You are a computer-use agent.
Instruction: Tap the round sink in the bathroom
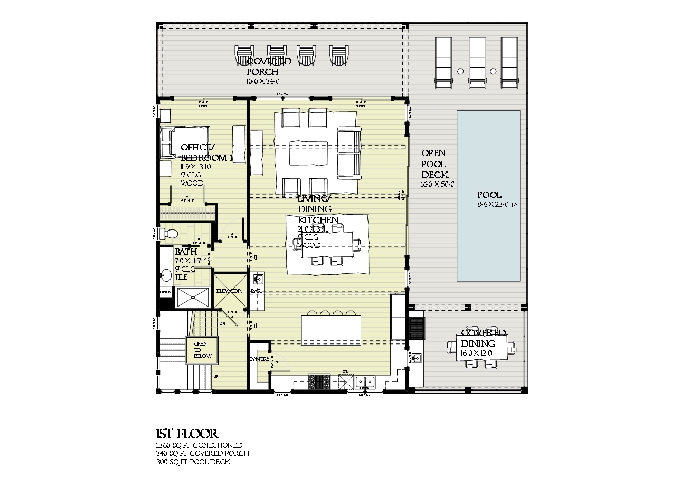[x=166, y=275]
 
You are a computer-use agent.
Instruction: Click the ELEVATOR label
[x=229, y=291]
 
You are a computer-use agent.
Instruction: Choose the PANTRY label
[x=260, y=359]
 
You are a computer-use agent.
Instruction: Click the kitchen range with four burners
[x=319, y=381]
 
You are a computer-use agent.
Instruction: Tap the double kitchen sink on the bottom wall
[x=365, y=381]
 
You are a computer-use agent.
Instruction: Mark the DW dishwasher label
[x=345, y=372]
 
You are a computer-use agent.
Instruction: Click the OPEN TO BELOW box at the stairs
[x=201, y=350]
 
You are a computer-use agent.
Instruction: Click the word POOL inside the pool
[x=489, y=195]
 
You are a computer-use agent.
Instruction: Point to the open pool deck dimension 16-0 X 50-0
[x=438, y=185]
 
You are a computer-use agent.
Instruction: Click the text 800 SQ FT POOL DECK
[x=193, y=462]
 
